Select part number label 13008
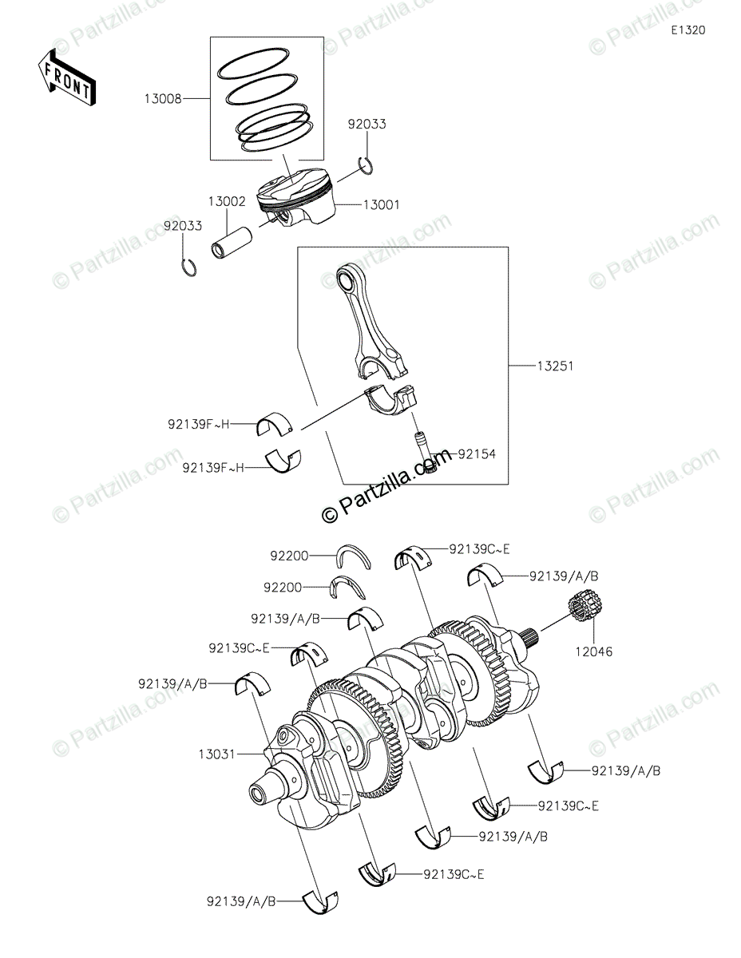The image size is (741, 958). coord(162,99)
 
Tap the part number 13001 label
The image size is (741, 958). coord(381,205)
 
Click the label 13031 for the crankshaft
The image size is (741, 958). coord(217,754)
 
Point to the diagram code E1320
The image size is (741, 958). coord(688,30)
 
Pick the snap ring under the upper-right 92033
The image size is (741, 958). coord(367,166)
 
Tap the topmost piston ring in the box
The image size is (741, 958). coord(256,65)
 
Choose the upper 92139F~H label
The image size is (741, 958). coord(199,425)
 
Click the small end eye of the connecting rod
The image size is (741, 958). coord(347,282)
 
